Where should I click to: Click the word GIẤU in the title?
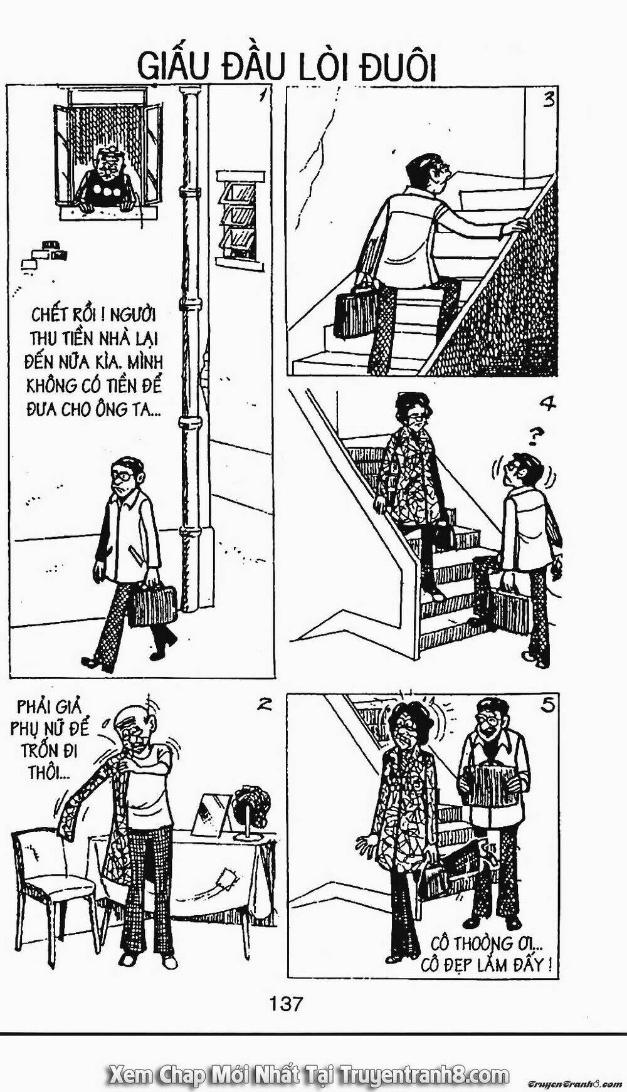click(170, 67)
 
